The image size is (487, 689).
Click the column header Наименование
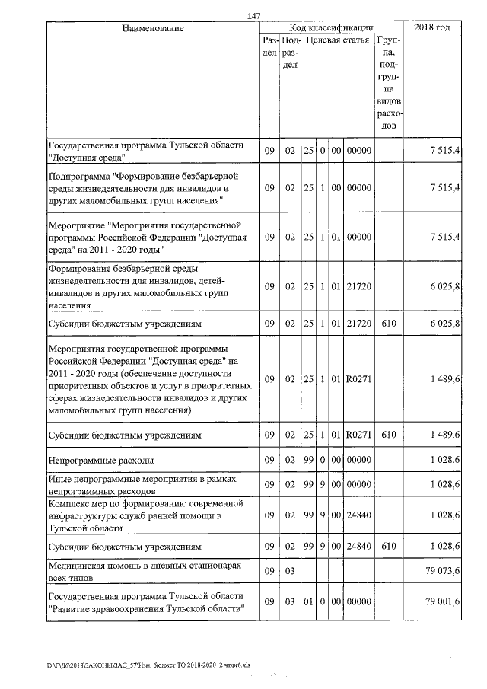[153, 28]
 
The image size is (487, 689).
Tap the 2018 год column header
[431, 28]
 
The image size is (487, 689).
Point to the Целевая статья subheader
[337, 40]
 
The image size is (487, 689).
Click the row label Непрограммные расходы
[101, 461]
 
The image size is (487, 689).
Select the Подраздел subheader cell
[290, 53]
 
